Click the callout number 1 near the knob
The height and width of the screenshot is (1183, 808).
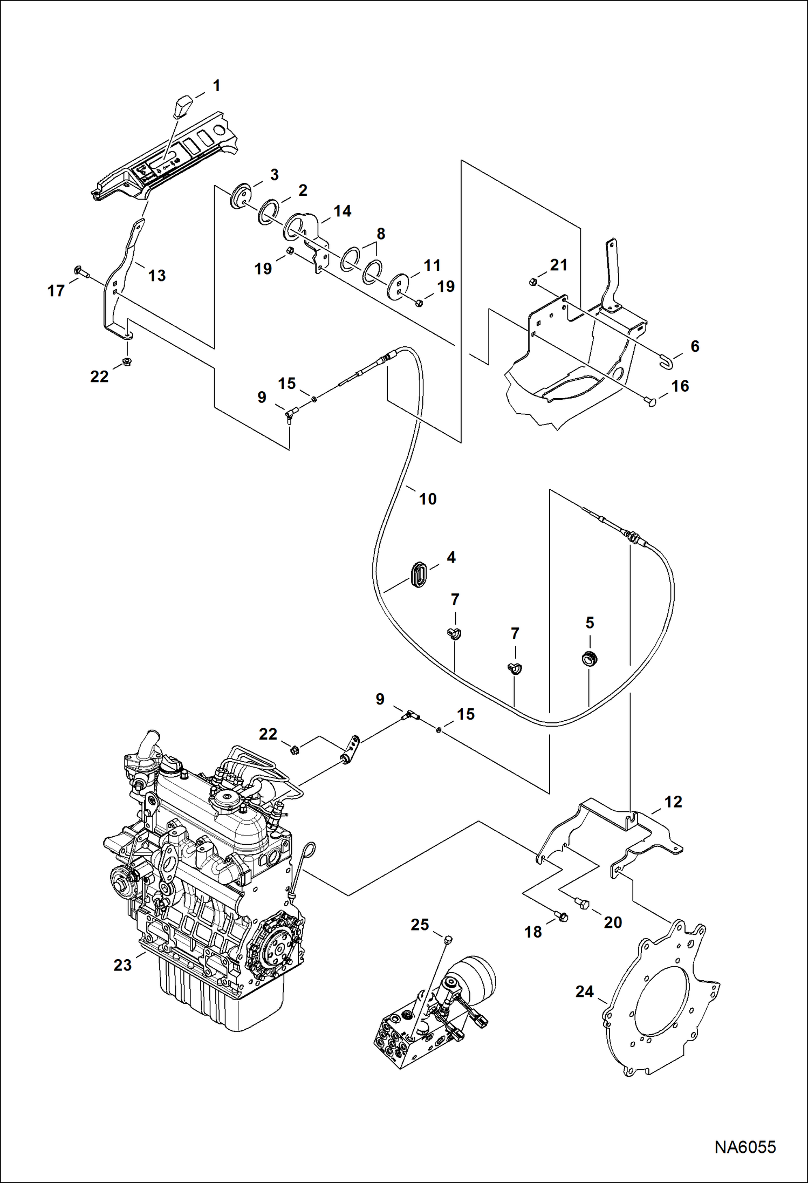[x=216, y=86]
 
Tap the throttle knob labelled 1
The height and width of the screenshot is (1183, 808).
[x=182, y=105]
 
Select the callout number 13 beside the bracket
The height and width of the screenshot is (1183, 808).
[x=156, y=276]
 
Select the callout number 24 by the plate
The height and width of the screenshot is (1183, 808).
[x=584, y=991]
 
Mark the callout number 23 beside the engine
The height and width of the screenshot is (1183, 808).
[x=122, y=965]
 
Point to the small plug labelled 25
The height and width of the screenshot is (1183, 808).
[x=448, y=941]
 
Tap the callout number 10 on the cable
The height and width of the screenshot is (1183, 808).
[x=428, y=499]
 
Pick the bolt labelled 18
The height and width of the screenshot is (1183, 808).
[x=562, y=915]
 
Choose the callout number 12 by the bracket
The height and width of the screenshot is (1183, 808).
[x=673, y=802]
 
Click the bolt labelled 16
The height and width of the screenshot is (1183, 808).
[x=652, y=401]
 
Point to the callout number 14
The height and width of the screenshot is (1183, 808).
[x=343, y=211]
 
